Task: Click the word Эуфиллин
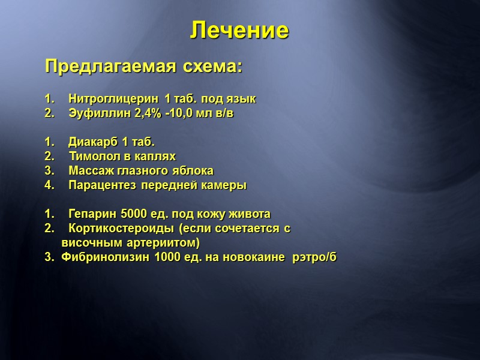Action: (94, 112)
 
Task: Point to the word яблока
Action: (194, 170)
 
